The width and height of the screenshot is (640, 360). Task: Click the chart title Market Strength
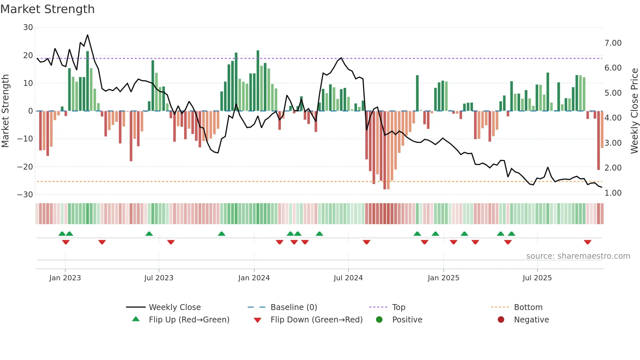(47, 9)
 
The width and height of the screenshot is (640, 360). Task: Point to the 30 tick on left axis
(28, 27)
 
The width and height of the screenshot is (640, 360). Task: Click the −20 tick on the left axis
(25, 167)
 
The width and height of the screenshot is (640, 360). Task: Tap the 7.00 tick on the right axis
(613, 43)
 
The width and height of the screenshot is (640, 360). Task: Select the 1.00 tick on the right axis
(613, 193)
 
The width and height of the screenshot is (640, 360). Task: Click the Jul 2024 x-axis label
(348, 278)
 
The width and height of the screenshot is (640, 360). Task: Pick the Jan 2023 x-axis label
(65, 278)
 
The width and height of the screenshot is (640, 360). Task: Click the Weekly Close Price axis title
(634, 111)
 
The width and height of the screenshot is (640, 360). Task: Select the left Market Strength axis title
(5, 111)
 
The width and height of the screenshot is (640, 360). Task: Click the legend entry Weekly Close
(175, 307)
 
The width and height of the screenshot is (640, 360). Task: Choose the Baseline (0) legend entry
(294, 307)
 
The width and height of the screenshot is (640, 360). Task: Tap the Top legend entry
(398, 307)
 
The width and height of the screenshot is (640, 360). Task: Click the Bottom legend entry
(528, 307)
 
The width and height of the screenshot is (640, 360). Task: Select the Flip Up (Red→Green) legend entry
(189, 320)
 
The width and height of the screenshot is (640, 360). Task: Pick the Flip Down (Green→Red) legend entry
(316, 320)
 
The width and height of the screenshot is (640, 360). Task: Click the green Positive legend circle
(379, 319)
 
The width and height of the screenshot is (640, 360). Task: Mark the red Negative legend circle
(501, 319)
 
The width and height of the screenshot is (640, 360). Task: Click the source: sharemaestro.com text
(578, 256)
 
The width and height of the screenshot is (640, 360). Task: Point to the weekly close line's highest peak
(88, 35)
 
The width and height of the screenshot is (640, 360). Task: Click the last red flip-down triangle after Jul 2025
(587, 242)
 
